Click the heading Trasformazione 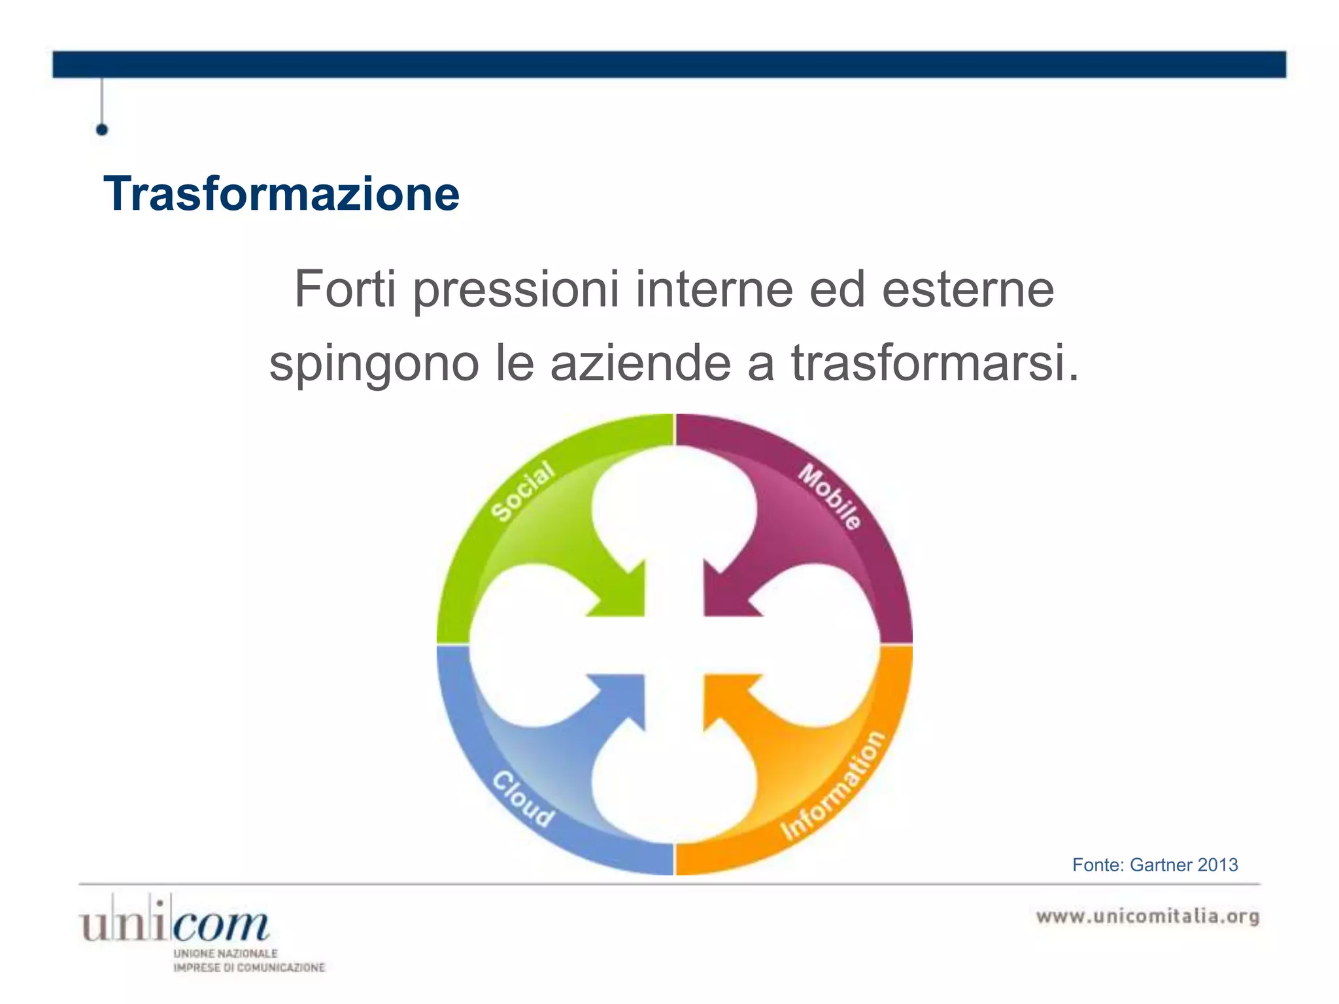281,194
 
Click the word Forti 345,289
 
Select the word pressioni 516,290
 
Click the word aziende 640,363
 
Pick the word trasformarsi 935,363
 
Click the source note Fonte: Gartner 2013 1155,865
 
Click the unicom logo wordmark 174,922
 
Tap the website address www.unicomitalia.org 1147,916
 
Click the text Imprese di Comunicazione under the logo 248,967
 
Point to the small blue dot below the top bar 102,129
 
